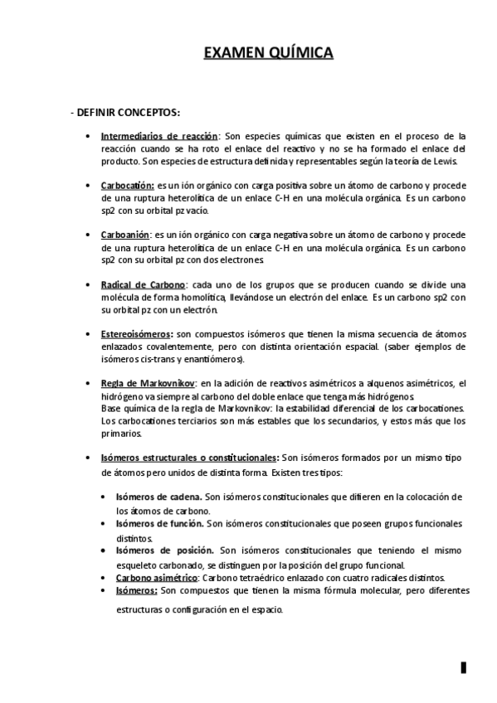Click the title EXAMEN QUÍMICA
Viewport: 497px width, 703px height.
point(269,55)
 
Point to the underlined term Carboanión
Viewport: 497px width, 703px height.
point(126,235)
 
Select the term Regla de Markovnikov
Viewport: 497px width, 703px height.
point(148,383)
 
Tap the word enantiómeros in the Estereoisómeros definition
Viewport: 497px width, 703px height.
point(215,359)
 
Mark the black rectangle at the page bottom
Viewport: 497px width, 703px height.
point(465,667)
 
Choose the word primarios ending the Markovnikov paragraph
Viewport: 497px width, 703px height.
point(121,434)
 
